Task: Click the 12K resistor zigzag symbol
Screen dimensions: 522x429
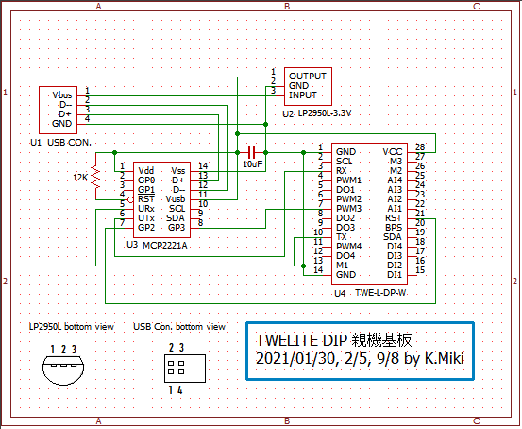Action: coord(96,178)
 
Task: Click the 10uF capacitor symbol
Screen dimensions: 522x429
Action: coord(251,153)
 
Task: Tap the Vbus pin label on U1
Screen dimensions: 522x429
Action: coord(62,95)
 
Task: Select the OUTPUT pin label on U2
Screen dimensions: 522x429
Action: coord(308,77)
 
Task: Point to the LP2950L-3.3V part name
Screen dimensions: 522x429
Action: coord(325,113)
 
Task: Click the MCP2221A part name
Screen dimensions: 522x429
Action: coord(165,246)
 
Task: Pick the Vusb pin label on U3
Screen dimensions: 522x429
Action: coord(176,199)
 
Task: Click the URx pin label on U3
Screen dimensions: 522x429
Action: coord(146,209)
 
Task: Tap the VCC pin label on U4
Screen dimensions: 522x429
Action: coord(393,152)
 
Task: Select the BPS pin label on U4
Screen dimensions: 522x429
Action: coord(394,228)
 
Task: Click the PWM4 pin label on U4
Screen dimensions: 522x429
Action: coord(348,247)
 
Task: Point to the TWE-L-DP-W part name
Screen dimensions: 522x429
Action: coord(380,293)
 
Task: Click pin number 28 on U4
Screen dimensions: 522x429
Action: coord(420,147)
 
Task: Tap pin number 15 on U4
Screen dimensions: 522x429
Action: coord(420,270)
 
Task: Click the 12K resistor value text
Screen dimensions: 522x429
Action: coord(80,178)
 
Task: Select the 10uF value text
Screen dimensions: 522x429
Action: coord(252,164)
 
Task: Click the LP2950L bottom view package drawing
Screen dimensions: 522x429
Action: coord(63,369)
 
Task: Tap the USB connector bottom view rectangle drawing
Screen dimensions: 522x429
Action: coord(185,369)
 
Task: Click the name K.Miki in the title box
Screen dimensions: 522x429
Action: coord(444,359)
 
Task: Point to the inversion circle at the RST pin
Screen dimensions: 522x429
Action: coord(131,199)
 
